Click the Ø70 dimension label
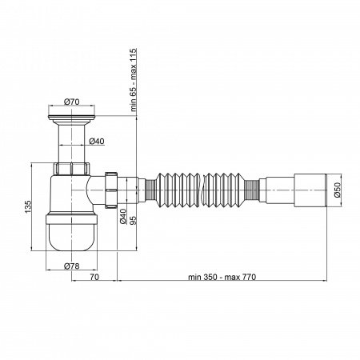[x=72, y=102]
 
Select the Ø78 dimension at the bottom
[x=72, y=266]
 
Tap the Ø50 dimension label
[x=338, y=190]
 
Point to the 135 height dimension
[x=28, y=206]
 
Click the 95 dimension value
[x=133, y=220]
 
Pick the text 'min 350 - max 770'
[x=222, y=277]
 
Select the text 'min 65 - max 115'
[x=133, y=80]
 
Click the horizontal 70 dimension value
[x=94, y=277]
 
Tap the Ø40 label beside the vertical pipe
[x=97, y=141]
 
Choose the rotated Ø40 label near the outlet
[x=123, y=217]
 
